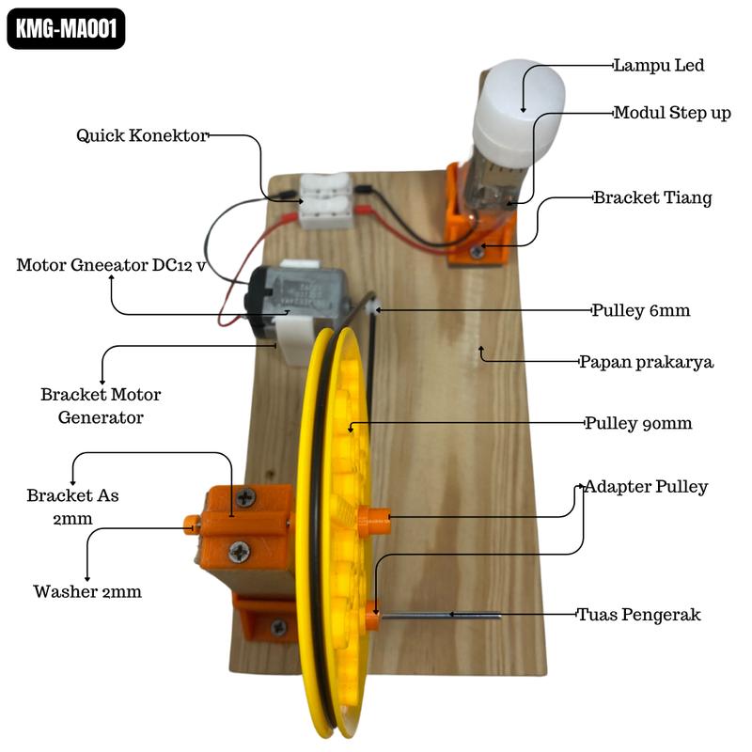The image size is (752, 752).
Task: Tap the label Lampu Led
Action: point(658,66)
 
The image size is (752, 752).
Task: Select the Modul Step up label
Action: point(671,113)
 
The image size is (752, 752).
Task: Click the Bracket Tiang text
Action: point(651,198)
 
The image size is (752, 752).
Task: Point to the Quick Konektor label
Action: point(142,136)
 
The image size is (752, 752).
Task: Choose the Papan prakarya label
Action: point(646,362)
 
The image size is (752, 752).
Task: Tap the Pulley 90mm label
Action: point(638,423)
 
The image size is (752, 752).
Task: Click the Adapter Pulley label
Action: point(646,487)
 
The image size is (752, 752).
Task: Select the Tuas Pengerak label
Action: point(638,615)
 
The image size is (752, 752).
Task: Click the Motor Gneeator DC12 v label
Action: point(111,265)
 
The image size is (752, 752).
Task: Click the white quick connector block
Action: point(325,200)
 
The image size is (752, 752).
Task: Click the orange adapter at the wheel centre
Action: point(373,520)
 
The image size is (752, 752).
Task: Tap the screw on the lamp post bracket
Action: point(478,251)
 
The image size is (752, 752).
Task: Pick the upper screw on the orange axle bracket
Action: point(245,498)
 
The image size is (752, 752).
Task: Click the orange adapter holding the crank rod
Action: point(372,618)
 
